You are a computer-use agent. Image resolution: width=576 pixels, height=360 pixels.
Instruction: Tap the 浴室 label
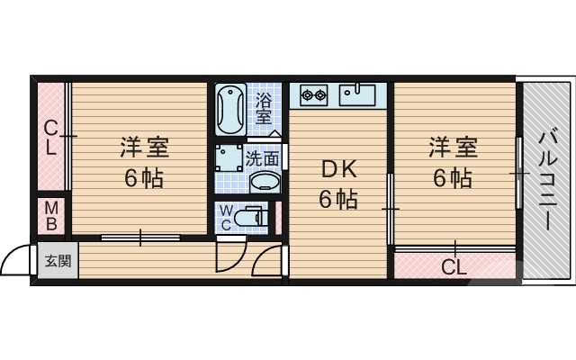click(264, 108)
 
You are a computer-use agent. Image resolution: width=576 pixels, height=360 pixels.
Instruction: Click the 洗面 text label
click(263, 159)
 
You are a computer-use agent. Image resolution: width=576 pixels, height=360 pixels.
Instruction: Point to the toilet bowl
click(256, 218)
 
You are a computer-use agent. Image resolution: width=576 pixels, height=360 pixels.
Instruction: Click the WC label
click(228, 219)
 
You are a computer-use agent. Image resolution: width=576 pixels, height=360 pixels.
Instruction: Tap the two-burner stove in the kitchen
click(312, 93)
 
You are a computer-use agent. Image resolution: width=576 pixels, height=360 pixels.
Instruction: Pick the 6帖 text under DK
click(338, 198)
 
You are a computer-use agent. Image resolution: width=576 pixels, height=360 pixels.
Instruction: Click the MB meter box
click(51, 216)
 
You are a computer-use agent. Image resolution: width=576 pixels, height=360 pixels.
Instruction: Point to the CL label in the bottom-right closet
click(454, 267)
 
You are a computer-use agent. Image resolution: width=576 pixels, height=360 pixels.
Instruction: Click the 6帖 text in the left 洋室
click(144, 178)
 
